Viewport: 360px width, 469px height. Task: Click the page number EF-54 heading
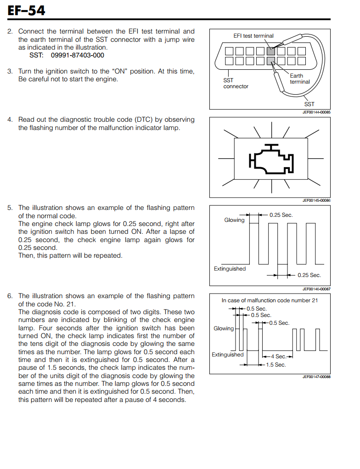[x=26, y=10]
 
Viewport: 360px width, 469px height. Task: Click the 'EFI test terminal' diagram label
[x=253, y=36]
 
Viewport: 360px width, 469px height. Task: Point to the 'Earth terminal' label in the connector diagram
[x=299, y=79]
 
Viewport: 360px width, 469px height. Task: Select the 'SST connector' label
[x=236, y=83]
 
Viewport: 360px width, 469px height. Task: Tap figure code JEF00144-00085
[x=316, y=112]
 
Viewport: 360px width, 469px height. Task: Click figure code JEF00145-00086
[x=316, y=200]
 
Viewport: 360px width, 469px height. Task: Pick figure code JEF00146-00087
[x=316, y=289]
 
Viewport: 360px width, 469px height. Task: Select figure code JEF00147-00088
[x=316, y=377]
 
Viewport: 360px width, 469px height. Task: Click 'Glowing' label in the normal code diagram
[x=234, y=220]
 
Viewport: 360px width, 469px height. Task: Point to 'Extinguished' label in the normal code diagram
[x=230, y=269]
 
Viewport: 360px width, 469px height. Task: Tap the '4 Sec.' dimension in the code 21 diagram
[x=278, y=356]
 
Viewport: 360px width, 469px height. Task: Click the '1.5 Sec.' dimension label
[x=276, y=365]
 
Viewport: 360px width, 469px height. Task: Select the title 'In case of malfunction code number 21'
[x=270, y=300]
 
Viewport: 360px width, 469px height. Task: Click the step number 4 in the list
[x=10, y=119]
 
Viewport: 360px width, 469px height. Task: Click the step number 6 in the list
[x=10, y=296]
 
